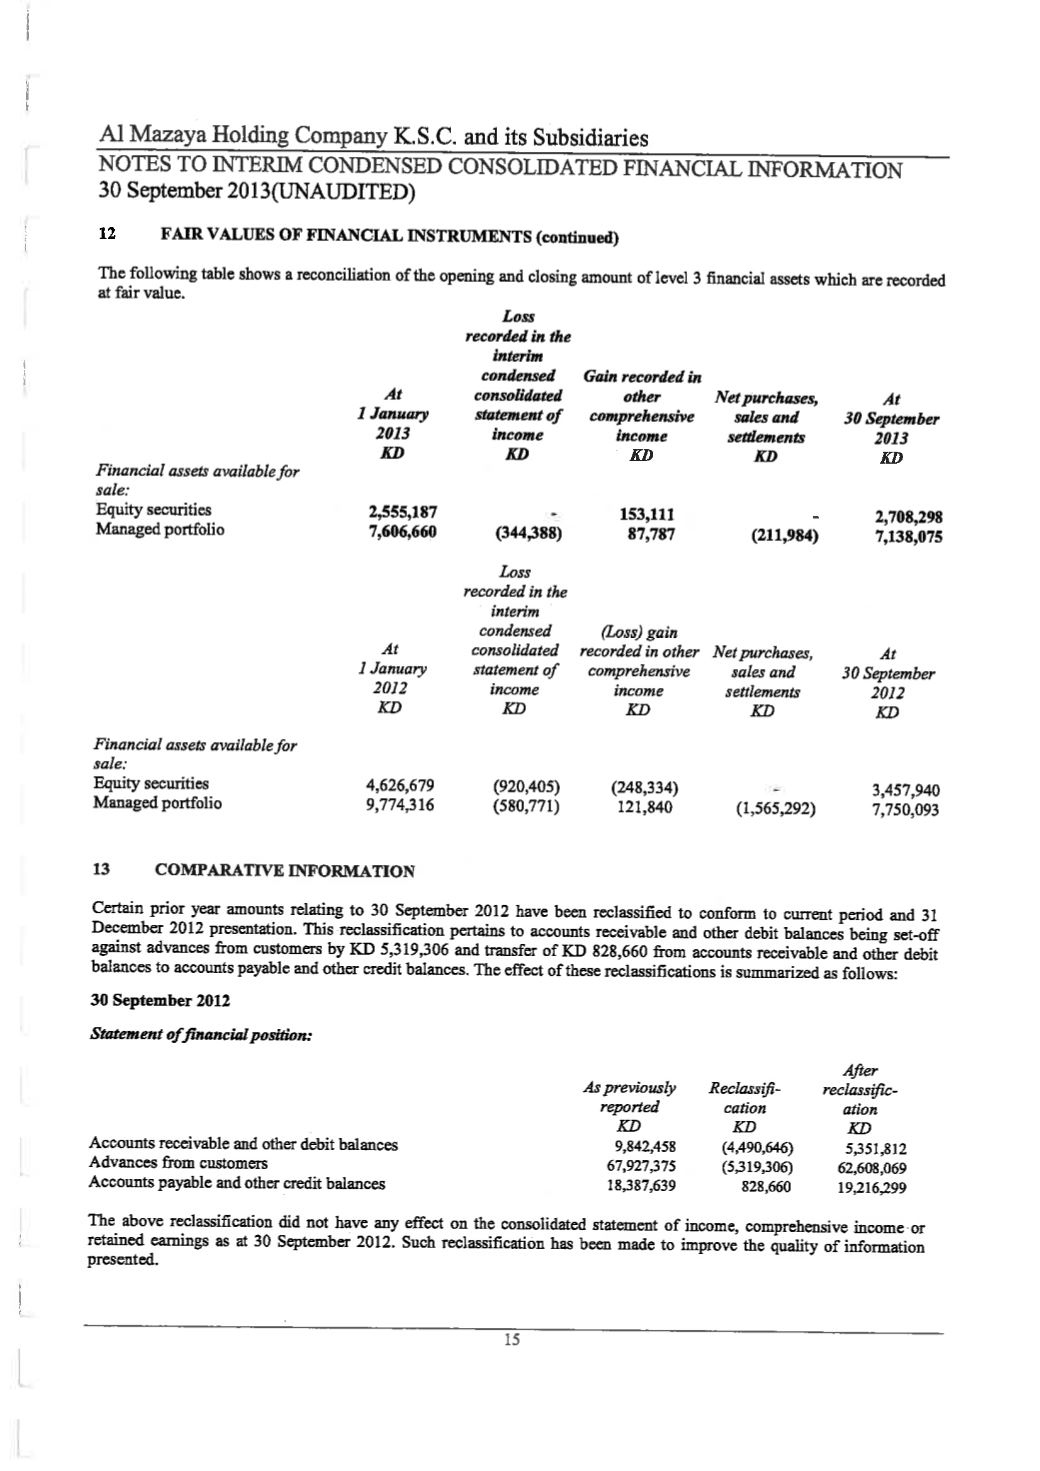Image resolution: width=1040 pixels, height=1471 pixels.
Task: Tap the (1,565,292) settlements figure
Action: [x=775, y=808]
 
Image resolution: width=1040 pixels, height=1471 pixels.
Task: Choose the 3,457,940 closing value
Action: [x=906, y=790]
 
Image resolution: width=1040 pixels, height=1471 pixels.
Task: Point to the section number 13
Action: [x=101, y=869]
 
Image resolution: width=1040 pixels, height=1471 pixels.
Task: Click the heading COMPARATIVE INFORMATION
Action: [x=285, y=870]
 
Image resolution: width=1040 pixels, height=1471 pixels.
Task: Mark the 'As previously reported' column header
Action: [x=629, y=1097]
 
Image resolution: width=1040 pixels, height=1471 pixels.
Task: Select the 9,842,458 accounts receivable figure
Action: [x=641, y=1147]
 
